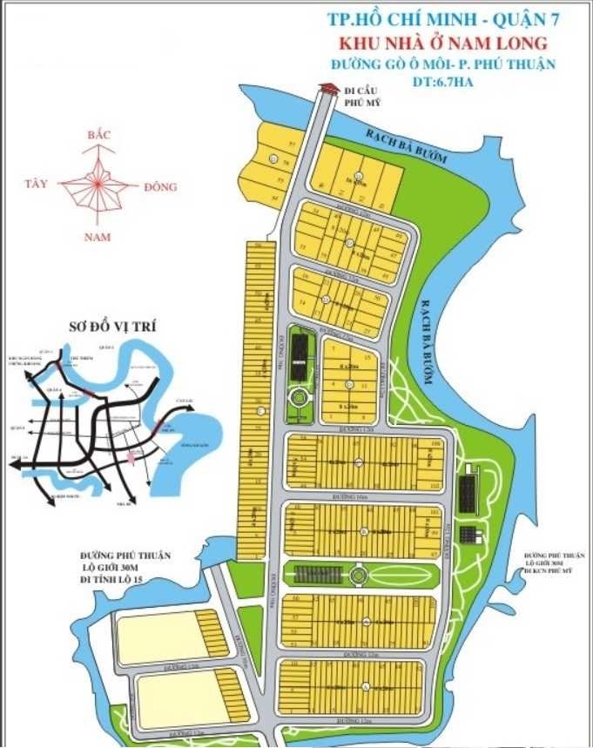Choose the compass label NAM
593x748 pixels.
pos(98,237)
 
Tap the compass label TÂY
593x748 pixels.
pos(37,184)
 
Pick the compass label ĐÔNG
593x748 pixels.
pos(160,186)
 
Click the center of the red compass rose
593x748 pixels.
pos(97,185)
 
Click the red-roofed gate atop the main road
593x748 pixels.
pos(329,89)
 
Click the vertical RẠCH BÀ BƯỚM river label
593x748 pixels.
pos(427,327)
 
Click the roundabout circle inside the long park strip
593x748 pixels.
pos(357,576)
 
